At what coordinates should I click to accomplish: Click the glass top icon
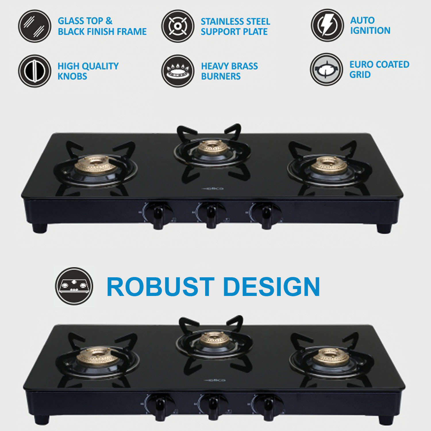pyautogui.click(x=35, y=26)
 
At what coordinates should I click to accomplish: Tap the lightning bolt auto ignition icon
pyautogui.click(x=327, y=25)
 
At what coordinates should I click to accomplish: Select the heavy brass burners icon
pyautogui.click(x=178, y=71)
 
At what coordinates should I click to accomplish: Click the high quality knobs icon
pyautogui.click(x=35, y=71)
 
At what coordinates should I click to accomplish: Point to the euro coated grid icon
pyautogui.click(x=326, y=69)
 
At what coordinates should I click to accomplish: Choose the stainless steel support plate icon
pyautogui.click(x=178, y=26)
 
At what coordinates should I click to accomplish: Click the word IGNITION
pyautogui.click(x=370, y=30)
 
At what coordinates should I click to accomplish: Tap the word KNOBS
pyautogui.click(x=72, y=76)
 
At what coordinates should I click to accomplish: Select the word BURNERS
pyautogui.click(x=221, y=76)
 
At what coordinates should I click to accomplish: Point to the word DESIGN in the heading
pyautogui.click(x=272, y=287)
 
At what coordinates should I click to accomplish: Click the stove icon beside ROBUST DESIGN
pyautogui.click(x=74, y=286)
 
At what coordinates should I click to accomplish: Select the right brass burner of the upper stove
pyautogui.click(x=329, y=165)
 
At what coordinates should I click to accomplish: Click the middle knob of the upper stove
pyautogui.click(x=211, y=214)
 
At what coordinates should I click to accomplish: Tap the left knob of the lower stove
pyautogui.click(x=159, y=405)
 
